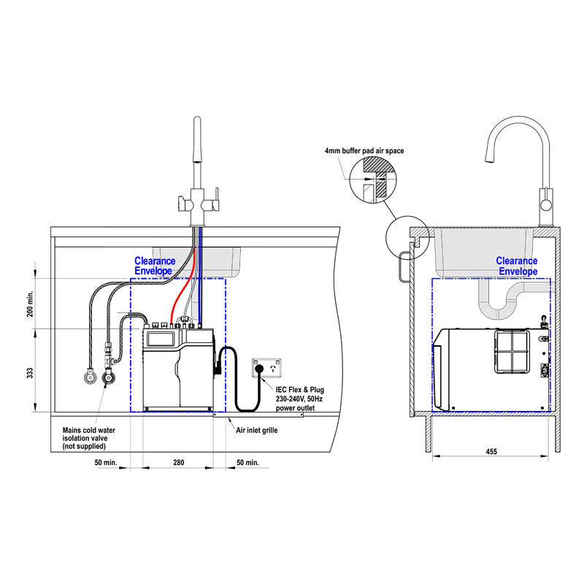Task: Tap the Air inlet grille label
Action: [256, 431]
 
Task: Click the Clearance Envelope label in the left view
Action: [155, 266]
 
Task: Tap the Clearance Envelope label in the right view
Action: [517, 266]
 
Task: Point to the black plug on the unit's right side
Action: [218, 364]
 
